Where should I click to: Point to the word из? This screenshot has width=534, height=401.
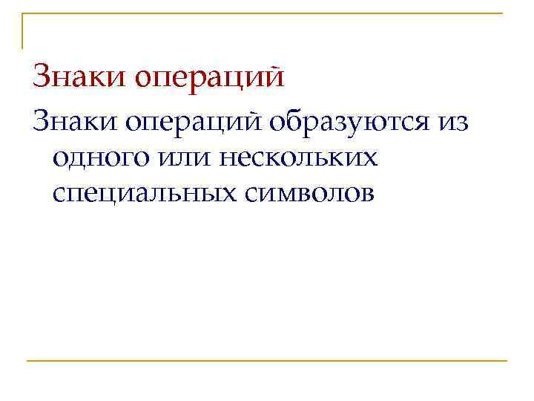[x=452, y=122]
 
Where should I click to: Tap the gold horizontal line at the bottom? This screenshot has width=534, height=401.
[x=267, y=361]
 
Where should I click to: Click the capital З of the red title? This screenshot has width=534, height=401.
[x=42, y=76]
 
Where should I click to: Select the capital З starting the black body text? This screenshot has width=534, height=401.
[x=41, y=121]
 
